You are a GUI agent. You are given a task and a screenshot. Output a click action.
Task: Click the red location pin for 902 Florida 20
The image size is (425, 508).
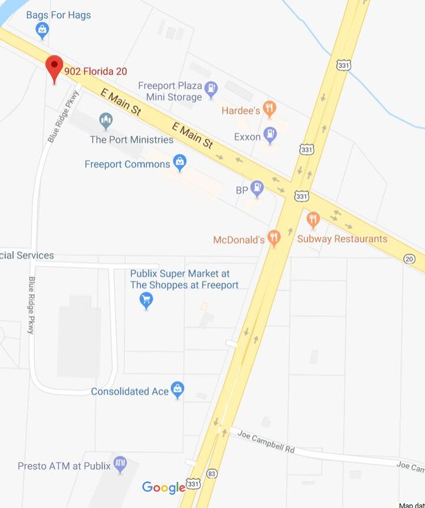tap(54, 67)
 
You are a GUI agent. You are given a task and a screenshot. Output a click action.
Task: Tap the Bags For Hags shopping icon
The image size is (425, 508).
tap(42, 31)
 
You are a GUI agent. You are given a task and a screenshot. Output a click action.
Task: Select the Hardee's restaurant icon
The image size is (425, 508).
tap(270, 109)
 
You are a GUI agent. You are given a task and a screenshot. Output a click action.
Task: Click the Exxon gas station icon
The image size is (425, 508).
tap(270, 135)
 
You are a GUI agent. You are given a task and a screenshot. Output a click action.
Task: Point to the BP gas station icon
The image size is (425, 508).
tap(257, 189)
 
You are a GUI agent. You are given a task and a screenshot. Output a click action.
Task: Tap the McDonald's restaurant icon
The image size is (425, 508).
tap(273, 239)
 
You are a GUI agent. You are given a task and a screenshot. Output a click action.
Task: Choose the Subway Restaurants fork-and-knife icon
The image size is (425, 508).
tap(313, 220)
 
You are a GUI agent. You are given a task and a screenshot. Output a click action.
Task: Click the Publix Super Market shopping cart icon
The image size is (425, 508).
tap(146, 301)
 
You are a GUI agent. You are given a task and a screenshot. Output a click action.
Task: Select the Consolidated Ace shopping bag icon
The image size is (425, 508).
tap(178, 390)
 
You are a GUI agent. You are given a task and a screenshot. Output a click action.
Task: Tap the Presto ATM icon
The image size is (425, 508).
tap(120, 464)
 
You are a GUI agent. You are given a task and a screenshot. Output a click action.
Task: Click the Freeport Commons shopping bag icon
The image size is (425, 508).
tap(180, 162)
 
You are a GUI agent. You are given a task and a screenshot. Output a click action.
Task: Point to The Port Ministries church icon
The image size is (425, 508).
tap(106, 122)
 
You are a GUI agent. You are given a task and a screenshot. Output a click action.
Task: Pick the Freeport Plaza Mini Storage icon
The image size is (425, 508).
tap(211, 90)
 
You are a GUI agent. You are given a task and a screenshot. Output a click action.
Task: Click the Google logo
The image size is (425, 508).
tap(164, 487)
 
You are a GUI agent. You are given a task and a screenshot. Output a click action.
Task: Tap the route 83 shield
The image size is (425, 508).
tap(212, 474)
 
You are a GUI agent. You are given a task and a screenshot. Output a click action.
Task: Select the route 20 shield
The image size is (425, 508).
tap(410, 259)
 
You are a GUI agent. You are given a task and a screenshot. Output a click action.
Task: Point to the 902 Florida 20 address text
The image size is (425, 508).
tap(96, 71)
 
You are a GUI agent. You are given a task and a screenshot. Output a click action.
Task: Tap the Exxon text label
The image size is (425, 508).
tap(247, 137)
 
